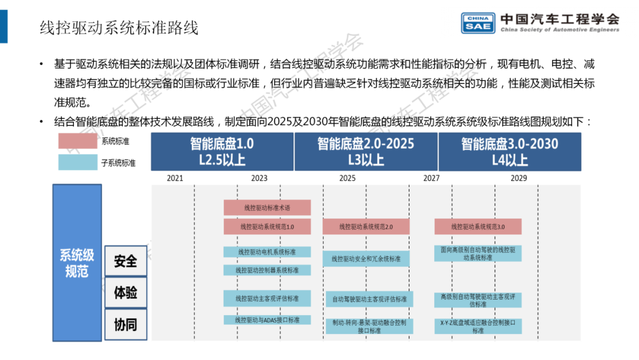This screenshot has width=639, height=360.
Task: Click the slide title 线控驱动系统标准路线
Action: [x=118, y=27]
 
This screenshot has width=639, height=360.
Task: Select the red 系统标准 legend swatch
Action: [x=78, y=142]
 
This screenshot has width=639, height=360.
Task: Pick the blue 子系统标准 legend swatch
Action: [x=78, y=162]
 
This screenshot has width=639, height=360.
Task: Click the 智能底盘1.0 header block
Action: [x=222, y=152]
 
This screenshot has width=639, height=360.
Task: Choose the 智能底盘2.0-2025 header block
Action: [x=366, y=152]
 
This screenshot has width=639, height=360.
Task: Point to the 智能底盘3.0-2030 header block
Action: [x=509, y=152]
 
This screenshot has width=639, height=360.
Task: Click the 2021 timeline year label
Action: [x=175, y=178]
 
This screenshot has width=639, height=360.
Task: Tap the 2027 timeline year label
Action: [x=431, y=178]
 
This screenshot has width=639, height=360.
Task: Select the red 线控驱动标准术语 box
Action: [x=267, y=208]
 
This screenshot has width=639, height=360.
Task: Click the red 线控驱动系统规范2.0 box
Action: [x=366, y=227]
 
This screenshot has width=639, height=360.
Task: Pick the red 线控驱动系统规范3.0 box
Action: [x=477, y=227]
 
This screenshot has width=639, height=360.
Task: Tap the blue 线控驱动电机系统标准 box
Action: [x=267, y=252]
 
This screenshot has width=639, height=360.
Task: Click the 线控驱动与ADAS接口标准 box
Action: [x=267, y=320]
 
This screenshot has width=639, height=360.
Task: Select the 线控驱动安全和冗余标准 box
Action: [x=366, y=259]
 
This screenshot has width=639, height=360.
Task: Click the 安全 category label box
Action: [x=125, y=261]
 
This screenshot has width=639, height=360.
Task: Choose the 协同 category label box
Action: [x=125, y=324]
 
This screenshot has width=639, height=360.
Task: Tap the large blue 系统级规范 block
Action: [x=77, y=262]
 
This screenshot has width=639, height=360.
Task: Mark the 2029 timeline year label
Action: [x=518, y=178]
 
